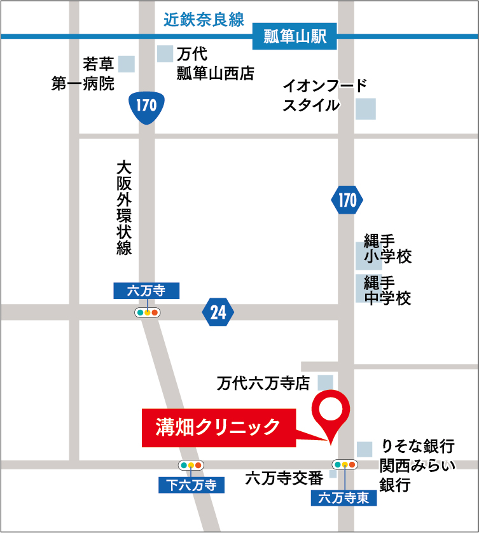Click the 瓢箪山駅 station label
(x=295, y=37)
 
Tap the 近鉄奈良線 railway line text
(x=204, y=20)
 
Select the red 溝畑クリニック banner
(x=218, y=426)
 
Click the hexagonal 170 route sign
(x=347, y=201)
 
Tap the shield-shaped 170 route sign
(x=146, y=106)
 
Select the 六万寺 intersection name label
(x=146, y=291)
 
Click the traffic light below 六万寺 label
(x=147, y=312)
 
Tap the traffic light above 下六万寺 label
(x=191, y=465)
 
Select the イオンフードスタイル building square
(x=365, y=109)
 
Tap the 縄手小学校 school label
(x=387, y=249)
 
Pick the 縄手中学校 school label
(x=387, y=289)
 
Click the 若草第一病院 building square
(x=127, y=64)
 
